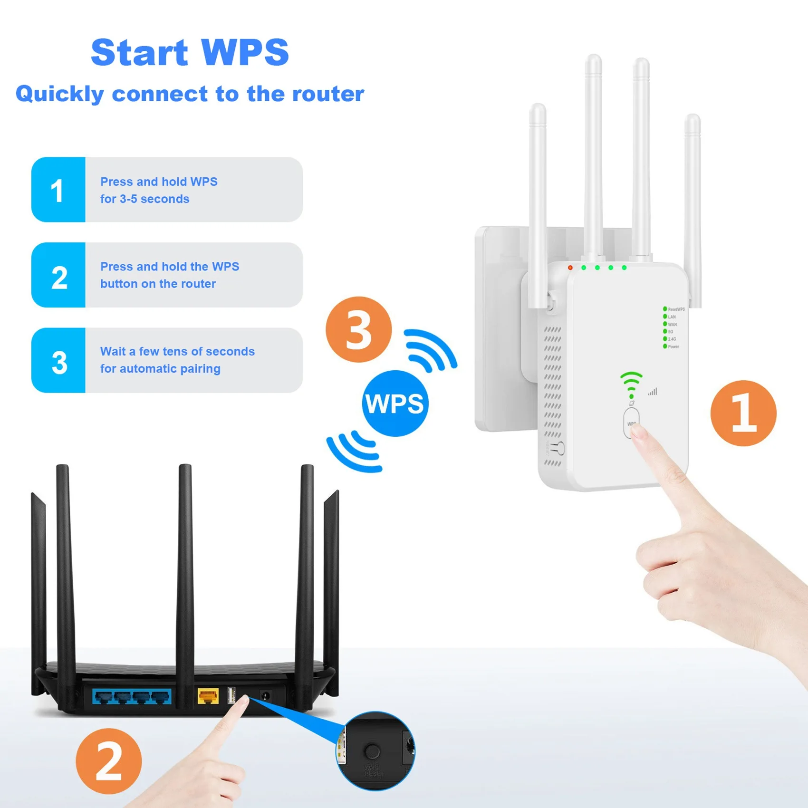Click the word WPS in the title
(245, 52)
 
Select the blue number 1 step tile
(58, 190)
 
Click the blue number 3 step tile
(58, 360)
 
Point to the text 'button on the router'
(158, 284)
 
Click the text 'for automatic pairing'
(160, 369)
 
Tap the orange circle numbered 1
(743, 413)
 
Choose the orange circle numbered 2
(109, 761)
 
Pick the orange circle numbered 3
(358, 329)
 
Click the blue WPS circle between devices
(395, 404)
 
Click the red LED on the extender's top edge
(570, 268)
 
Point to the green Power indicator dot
(665, 346)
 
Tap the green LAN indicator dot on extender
(665, 317)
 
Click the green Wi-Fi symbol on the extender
(631, 384)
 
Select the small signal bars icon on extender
(653, 392)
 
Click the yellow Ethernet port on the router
(208, 697)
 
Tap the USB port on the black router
(231, 695)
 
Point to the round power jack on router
(265, 696)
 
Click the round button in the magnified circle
(372, 751)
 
